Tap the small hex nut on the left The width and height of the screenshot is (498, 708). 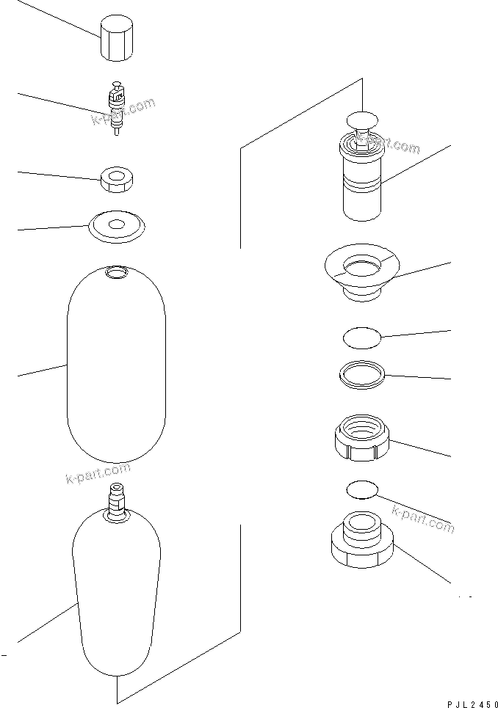117,180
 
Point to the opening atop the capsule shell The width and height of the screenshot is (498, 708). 116,273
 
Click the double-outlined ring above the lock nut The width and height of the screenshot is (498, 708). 362,374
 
